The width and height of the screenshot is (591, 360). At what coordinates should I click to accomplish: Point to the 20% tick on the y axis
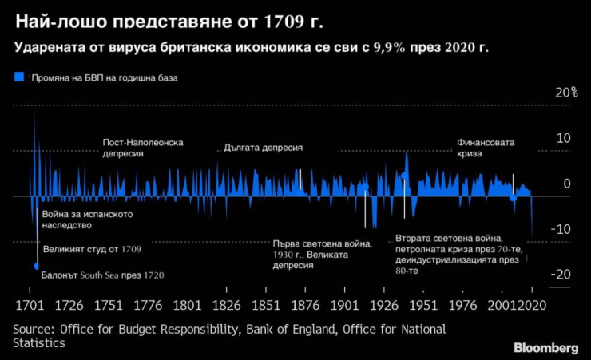pos(566,93)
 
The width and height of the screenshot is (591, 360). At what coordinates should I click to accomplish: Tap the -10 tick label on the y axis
pos(563,229)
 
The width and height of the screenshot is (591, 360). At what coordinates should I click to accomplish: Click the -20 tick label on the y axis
pos(562,275)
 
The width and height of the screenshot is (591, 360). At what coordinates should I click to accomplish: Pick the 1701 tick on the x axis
pos(30,306)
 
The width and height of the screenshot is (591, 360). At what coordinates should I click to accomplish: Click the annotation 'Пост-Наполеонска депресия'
pos(143,148)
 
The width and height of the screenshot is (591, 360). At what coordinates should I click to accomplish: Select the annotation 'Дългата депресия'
pos(263,148)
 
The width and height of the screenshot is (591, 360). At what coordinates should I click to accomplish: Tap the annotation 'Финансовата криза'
pos(486,148)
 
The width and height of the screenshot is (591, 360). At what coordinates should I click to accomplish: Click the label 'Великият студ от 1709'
pos(91,250)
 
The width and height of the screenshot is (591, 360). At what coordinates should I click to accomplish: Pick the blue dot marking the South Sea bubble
pos(37,266)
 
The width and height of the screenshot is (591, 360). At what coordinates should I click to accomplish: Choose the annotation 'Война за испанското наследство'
pos(86,220)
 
